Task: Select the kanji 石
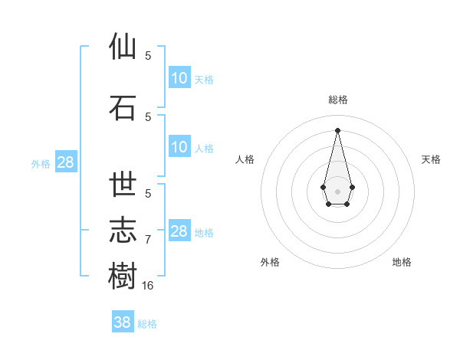coord(123,106)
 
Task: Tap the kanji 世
coord(123,185)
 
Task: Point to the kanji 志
coord(123,230)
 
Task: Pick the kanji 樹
coord(123,276)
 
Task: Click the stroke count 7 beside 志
coord(148,240)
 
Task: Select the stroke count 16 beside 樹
coord(148,285)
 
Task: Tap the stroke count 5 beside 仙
coord(148,55)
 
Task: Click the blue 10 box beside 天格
coord(179,78)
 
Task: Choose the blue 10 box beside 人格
coord(179,147)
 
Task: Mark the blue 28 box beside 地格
coord(179,231)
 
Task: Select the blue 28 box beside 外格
coord(65,162)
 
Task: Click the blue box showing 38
coord(123,322)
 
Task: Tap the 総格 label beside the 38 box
coord(147,324)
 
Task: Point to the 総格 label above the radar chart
coord(338,100)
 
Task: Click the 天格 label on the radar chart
coord(431,159)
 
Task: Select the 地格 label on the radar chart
coord(402,262)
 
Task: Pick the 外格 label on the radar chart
coord(270,262)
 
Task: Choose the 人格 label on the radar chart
coord(245,159)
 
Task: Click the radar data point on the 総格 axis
coord(338,130)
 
